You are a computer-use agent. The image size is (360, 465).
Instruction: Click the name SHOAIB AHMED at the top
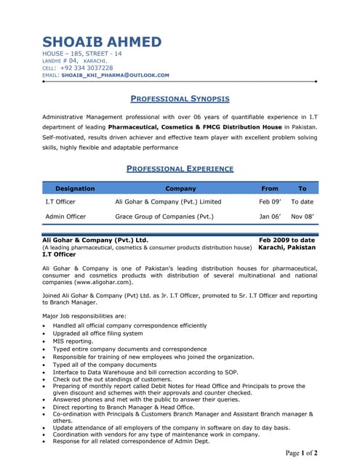coord(102,42)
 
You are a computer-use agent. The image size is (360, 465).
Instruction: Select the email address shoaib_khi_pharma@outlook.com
coord(115,75)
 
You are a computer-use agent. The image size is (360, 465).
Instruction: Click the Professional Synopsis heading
coord(180,98)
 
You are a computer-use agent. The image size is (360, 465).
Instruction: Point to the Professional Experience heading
coord(180,169)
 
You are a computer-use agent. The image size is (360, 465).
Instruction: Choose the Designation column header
coord(75,188)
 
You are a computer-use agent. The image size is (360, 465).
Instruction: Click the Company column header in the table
coord(180,188)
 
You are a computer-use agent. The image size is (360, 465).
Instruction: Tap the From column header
coord(269,188)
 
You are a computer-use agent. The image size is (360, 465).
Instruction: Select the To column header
coord(303,188)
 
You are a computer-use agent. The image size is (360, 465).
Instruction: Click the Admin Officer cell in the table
coord(65,217)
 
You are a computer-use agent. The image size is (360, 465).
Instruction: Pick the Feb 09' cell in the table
coord(270,201)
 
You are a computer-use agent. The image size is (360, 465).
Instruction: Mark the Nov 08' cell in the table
coord(302,217)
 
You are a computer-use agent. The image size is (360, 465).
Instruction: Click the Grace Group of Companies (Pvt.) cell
coord(164,217)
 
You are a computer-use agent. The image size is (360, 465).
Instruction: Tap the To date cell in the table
coord(302,201)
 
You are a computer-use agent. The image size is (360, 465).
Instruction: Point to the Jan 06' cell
coord(270,217)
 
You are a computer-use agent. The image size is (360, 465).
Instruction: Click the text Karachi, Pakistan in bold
coord(287,247)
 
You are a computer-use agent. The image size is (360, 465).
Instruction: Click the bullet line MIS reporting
coord(73,341)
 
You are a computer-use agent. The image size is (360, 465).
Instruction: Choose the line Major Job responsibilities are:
coord(84,316)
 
